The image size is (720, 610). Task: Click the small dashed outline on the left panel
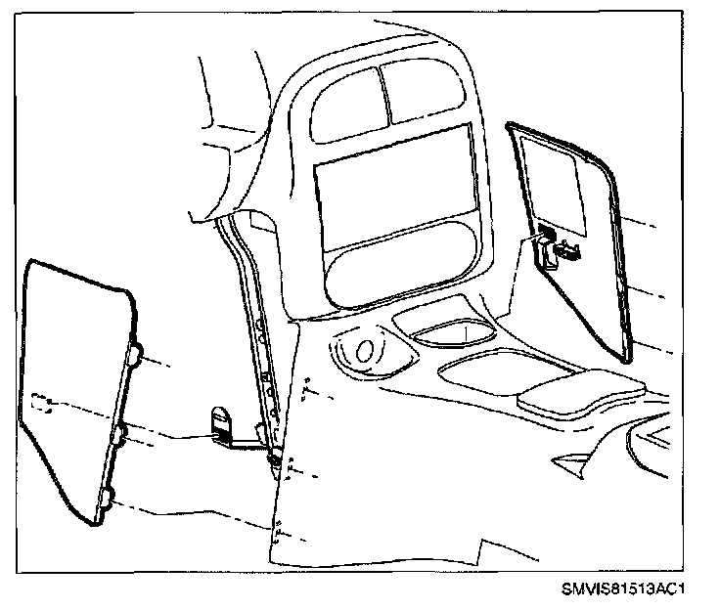(x=41, y=404)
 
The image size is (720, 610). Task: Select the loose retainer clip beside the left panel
(x=223, y=425)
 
